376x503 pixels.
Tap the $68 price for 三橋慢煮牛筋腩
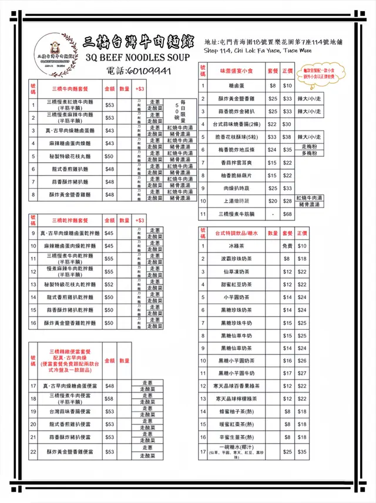287,214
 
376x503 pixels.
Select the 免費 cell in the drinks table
287,246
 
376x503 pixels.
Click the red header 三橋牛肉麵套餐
70,89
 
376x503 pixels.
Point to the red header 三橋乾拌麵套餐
69,220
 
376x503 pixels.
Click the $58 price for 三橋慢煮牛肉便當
109,398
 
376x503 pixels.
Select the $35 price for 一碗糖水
303,452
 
